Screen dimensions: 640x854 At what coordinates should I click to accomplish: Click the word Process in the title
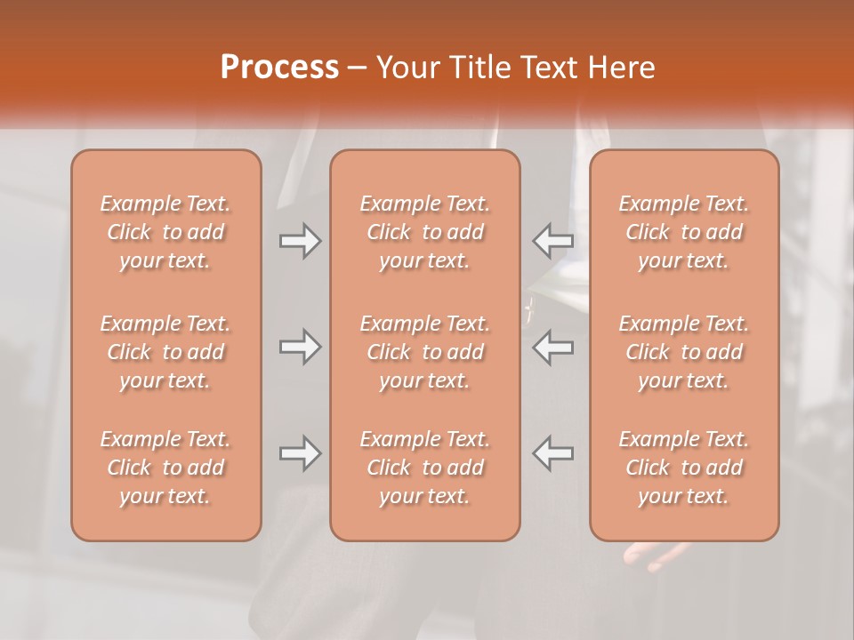279,68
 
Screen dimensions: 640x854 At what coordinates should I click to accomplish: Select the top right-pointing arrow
300,240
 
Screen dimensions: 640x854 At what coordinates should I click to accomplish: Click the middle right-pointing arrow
300,347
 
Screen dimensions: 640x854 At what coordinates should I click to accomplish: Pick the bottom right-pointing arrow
300,453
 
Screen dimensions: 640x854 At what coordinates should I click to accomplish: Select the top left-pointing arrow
552,240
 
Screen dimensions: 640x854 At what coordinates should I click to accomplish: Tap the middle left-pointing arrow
552,347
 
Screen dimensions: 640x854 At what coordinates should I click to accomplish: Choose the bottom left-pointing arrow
552,453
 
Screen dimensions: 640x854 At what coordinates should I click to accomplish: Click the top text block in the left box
165,232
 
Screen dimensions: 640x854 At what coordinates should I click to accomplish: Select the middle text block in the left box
165,352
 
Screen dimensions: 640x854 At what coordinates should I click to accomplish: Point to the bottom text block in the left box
165,468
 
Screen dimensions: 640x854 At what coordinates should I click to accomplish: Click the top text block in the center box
424,232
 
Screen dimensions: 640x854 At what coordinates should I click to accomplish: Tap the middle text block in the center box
424,352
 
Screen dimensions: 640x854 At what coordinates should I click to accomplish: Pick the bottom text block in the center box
424,468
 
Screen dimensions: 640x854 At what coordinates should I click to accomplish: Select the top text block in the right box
683,232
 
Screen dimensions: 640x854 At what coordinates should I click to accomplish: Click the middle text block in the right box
683,352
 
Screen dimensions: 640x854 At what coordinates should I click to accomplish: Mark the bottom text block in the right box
683,468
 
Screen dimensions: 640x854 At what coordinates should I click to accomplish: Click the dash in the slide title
358,68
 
